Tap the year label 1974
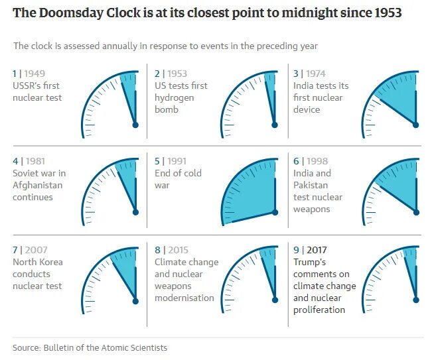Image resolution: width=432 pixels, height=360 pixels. [x=316, y=74]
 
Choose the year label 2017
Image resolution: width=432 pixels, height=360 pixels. [x=316, y=250]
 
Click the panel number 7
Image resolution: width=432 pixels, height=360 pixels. [x=15, y=250]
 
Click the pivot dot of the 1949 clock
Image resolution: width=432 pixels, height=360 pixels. [x=135, y=125]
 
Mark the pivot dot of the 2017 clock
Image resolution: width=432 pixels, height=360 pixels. [x=417, y=300]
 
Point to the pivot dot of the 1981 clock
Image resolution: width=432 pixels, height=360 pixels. [x=135, y=212]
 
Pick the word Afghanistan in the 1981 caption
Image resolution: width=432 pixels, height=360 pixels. [x=37, y=185]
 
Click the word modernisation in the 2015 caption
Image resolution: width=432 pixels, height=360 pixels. [x=184, y=298]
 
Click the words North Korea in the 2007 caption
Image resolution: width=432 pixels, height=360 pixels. [x=38, y=262]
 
